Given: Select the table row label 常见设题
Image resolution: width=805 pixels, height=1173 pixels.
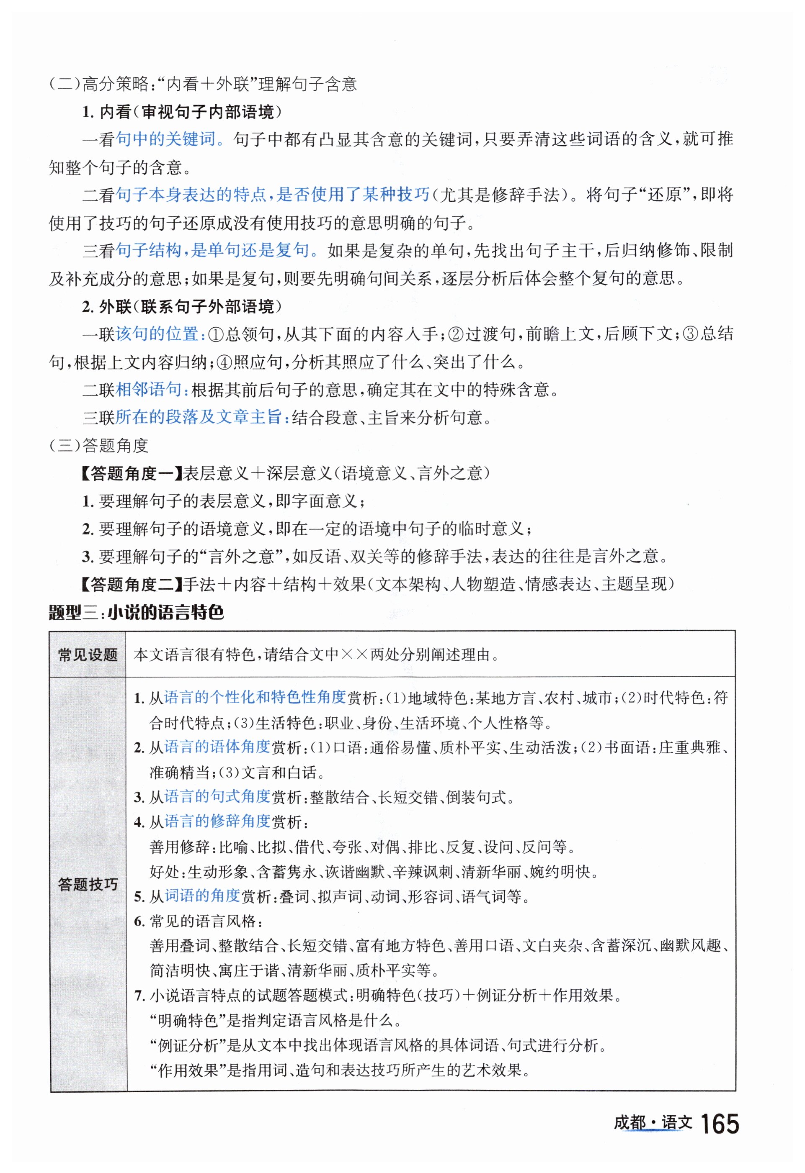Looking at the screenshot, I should pos(88,655).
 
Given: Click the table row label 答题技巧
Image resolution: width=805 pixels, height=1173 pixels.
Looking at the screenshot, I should pos(88,884).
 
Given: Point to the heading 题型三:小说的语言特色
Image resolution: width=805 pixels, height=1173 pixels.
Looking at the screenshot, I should pos(137,612).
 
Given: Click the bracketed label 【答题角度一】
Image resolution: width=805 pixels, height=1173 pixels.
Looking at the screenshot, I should pos(131,473).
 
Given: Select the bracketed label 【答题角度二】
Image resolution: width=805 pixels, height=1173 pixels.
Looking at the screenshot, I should pos(131,584).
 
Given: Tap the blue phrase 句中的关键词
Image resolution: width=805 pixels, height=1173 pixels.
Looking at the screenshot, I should pos(165,139).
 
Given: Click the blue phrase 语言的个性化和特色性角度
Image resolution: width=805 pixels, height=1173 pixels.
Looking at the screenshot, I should pos(255,697).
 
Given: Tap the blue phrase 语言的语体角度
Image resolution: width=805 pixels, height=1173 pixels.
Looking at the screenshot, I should pos(218,747).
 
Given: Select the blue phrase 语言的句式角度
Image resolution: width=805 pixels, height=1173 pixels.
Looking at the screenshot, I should pos(218,796).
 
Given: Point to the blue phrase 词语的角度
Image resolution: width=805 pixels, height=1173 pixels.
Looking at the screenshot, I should pos(203,896).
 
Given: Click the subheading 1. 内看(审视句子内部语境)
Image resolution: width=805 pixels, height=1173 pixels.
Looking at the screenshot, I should pos(182,112).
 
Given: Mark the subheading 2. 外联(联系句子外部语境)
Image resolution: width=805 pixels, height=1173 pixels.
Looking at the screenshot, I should pos(182,306).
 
